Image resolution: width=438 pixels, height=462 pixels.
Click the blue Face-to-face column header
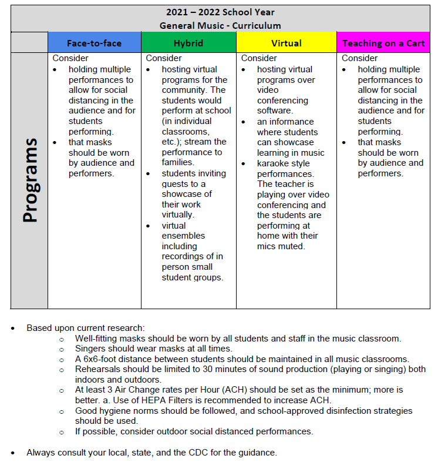point(94,43)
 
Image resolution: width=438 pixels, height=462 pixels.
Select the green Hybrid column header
point(188,43)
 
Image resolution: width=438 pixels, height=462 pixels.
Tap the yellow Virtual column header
point(287,43)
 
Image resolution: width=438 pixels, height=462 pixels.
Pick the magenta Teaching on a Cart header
point(383,43)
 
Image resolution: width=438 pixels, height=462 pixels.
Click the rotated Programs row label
point(30,180)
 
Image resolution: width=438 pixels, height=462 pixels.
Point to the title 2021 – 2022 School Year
point(220,12)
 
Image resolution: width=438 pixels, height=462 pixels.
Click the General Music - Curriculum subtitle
point(220,26)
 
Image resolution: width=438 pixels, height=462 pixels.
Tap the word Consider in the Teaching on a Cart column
point(360,58)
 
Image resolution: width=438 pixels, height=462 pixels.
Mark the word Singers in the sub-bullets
point(90,349)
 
